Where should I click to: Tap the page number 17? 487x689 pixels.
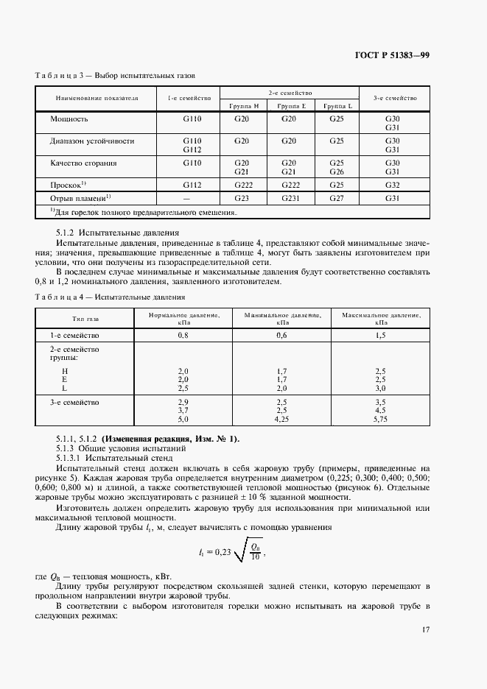pyautogui.click(x=426, y=629)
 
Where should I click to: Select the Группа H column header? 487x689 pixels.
pyautogui.click(x=246, y=105)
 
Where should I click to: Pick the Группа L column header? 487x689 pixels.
pyautogui.click(x=337, y=105)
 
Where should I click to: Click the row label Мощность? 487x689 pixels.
pyautogui.click(x=69, y=119)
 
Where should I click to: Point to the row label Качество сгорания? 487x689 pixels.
pyautogui.click(x=83, y=163)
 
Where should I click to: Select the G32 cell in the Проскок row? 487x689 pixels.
pyautogui.click(x=391, y=185)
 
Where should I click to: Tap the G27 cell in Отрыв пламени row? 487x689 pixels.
pyautogui.click(x=337, y=198)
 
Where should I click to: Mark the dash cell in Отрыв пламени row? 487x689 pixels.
pyautogui.click(x=186, y=199)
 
